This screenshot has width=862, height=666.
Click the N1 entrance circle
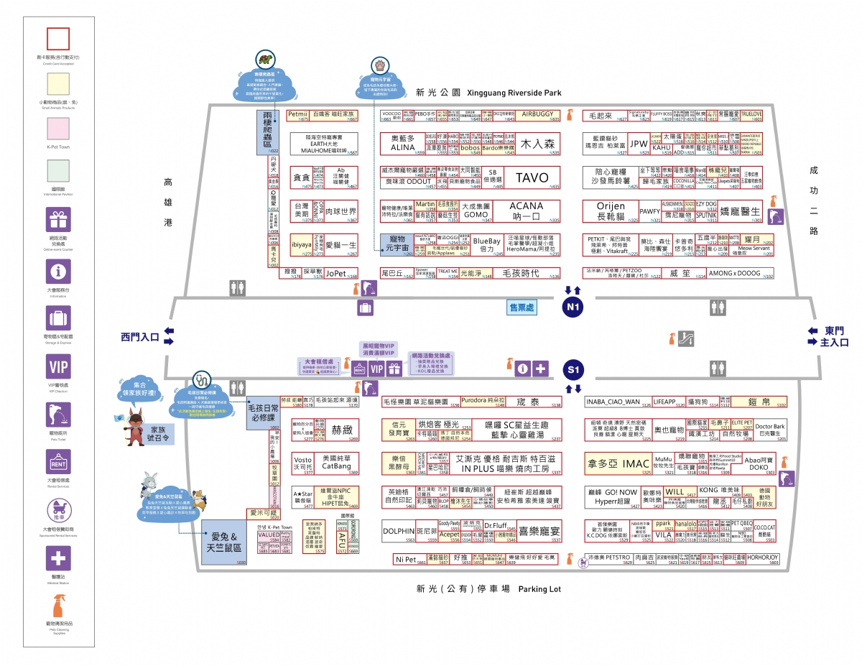[x=573, y=307]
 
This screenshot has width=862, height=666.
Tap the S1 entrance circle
[x=573, y=370]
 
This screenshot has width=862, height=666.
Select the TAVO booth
[x=532, y=177]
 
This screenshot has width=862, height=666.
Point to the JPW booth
[x=639, y=144]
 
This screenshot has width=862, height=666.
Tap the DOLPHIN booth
[x=399, y=532]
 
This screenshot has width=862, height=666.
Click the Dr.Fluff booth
[x=496, y=526]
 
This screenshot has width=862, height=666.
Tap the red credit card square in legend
[x=58, y=39]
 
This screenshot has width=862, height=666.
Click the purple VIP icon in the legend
[x=58, y=367]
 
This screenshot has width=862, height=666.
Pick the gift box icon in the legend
[x=58, y=219]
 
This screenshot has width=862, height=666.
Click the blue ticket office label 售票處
[x=522, y=307]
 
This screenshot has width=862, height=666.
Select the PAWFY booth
[x=649, y=211]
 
